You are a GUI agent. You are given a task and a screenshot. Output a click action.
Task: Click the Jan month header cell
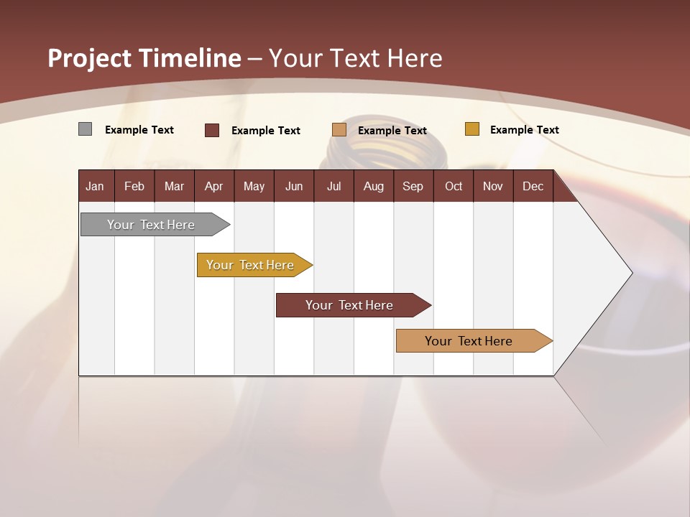pos(95,187)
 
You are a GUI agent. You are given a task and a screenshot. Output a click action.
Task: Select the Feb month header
pos(134,187)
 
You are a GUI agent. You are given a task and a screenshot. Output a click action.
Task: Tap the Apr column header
pos(213,187)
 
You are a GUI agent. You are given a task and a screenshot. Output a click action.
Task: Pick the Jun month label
pos(294,187)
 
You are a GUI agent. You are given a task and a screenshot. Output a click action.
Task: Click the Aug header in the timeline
pos(373,187)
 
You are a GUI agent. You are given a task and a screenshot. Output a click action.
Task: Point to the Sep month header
pos(413,187)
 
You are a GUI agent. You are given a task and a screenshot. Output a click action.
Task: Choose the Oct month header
pos(454,187)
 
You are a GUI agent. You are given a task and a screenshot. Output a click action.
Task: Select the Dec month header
pos(533,187)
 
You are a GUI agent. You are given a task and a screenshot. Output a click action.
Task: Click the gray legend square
pos(85,129)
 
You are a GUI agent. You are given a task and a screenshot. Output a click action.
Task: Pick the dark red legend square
pos(212,130)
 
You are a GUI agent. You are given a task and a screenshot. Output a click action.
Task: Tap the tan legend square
pos(339,129)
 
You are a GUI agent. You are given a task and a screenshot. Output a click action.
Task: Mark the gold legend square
pos(471,129)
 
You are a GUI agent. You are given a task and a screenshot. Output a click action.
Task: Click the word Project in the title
pos(90,58)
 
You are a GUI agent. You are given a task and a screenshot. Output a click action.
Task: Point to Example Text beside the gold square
pos(524,130)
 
